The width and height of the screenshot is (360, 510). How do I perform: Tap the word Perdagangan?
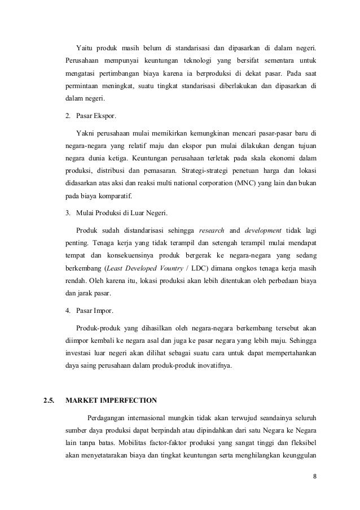(108, 419)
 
